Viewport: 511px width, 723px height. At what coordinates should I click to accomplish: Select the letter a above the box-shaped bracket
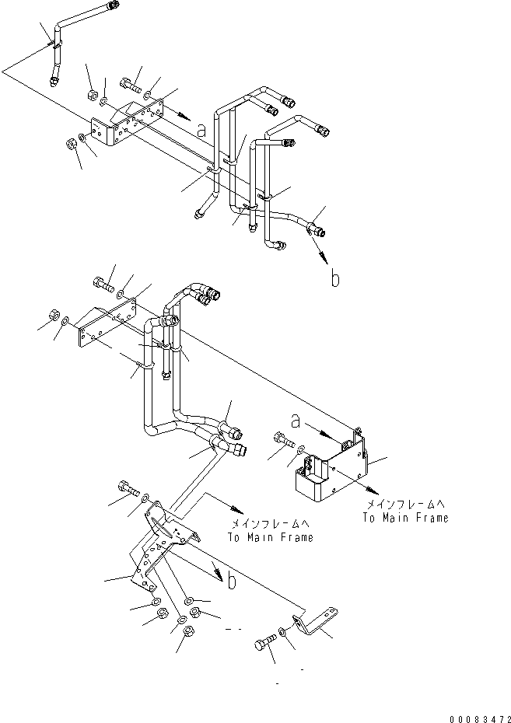click(296, 421)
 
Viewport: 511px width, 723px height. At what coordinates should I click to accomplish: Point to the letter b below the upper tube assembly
click(334, 279)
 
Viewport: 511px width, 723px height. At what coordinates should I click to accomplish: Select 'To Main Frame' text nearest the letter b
click(271, 537)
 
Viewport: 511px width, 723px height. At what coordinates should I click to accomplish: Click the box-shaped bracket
click(327, 475)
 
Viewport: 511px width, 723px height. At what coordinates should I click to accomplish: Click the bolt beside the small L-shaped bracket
click(264, 644)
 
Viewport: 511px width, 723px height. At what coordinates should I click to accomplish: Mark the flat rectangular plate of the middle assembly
click(105, 327)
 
